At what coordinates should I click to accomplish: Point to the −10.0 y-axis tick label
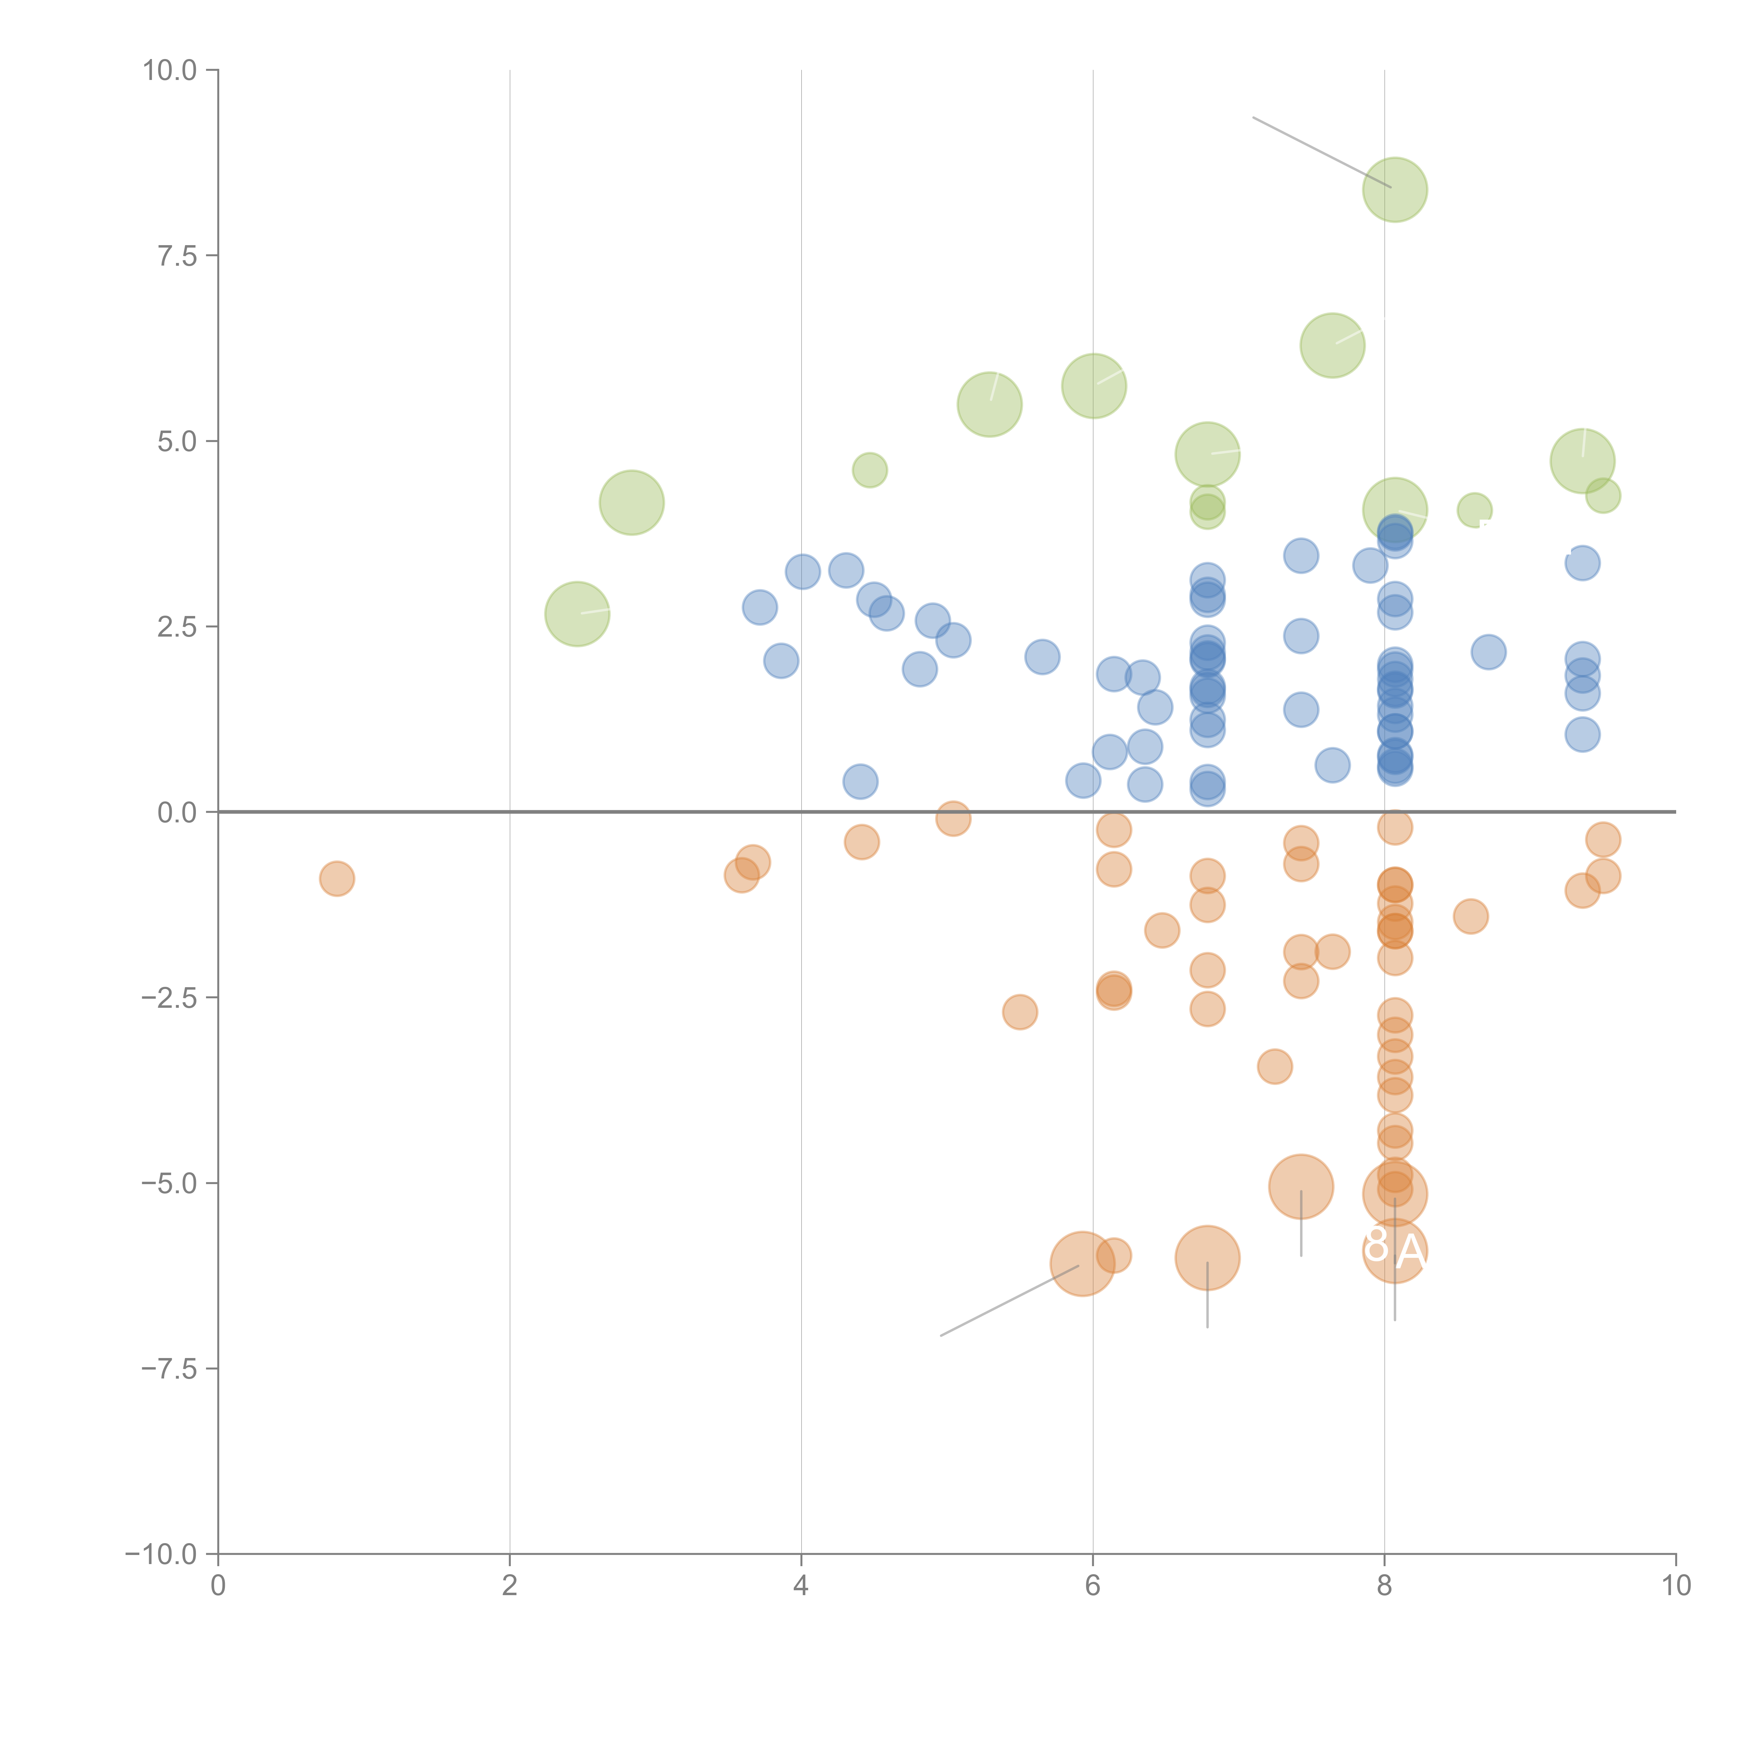pos(161,1554)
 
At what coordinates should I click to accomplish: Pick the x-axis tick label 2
pos(510,1586)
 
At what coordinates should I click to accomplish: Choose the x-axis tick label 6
pos(1093,1586)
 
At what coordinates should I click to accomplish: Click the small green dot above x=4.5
pos(870,470)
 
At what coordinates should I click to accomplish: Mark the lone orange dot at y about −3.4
pos(1274,1066)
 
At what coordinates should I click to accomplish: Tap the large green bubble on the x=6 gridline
pos(1093,386)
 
